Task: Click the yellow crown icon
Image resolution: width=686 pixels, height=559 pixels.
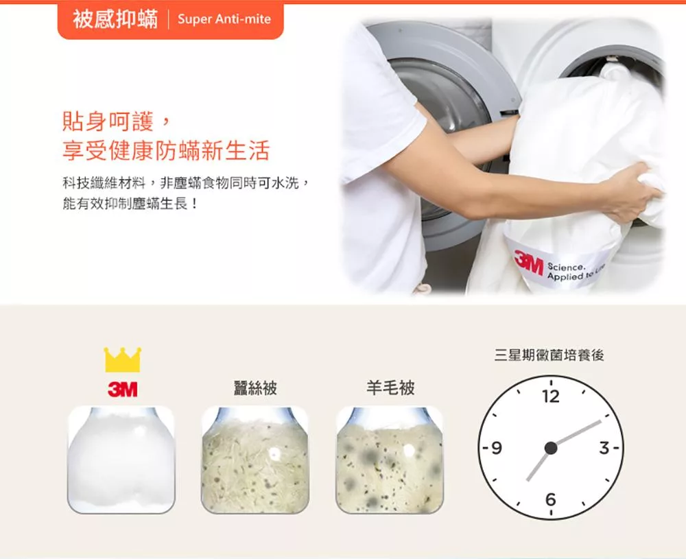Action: click(123, 359)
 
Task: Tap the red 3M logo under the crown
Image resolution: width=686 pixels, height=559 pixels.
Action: click(123, 389)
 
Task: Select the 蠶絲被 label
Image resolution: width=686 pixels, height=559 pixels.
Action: click(255, 388)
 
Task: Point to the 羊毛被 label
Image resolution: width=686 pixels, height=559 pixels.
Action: click(390, 388)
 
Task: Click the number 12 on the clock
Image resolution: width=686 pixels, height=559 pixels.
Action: click(551, 396)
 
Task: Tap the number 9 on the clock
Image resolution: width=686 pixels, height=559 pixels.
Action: click(496, 448)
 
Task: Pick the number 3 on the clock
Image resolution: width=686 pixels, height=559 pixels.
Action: click(604, 448)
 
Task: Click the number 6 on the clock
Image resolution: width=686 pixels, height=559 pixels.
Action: click(551, 499)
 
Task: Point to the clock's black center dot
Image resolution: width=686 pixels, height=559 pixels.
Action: click(551, 448)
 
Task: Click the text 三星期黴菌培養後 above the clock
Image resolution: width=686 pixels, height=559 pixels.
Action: click(549, 355)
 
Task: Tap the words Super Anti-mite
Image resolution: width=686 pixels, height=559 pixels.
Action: click(224, 19)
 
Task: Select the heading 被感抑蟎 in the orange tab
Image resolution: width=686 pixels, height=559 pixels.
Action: click(115, 19)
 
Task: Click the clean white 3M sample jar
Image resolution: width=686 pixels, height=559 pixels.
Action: click(121, 460)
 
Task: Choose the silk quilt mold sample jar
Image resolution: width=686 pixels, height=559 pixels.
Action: click(255, 460)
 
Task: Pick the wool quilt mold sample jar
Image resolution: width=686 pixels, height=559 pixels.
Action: click(390, 460)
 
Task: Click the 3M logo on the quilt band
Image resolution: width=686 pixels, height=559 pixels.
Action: click(528, 264)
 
